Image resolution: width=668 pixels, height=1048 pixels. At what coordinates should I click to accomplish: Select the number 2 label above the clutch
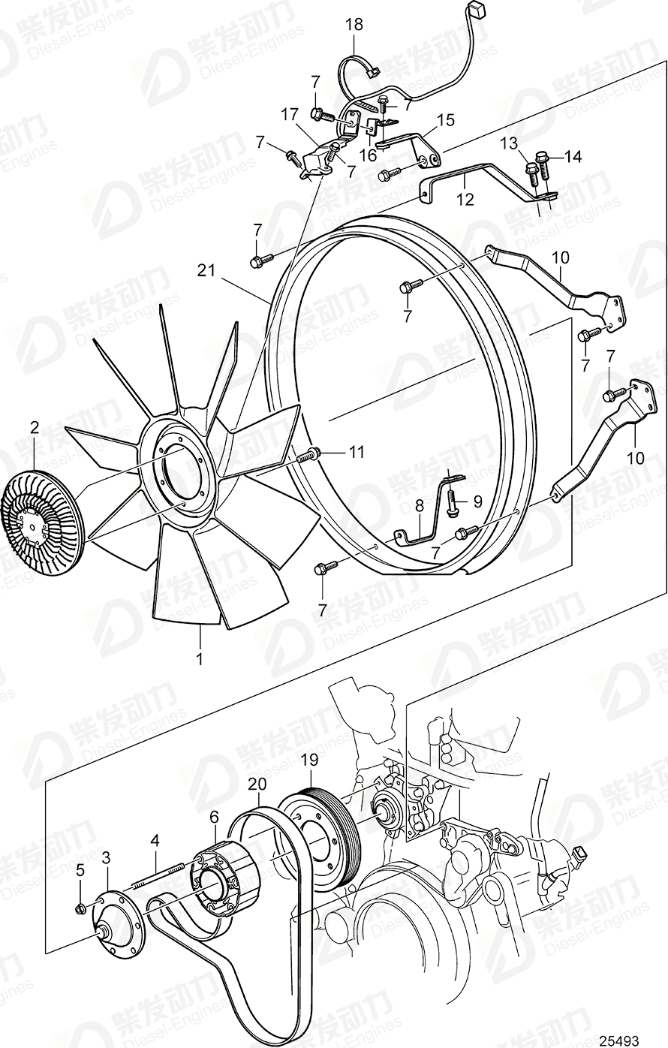(x=34, y=428)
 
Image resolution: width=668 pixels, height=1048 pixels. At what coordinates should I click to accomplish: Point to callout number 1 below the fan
(x=200, y=660)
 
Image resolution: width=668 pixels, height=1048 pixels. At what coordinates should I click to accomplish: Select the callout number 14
(x=573, y=157)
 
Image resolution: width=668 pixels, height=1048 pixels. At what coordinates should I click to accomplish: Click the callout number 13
(x=531, y=143)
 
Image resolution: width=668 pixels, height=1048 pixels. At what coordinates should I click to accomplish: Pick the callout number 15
(x=446, y=119)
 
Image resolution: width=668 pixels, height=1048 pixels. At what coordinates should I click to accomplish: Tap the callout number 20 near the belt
(x=257, y=784)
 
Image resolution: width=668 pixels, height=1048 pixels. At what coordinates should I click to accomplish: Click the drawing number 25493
(x=619, y=1040)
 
